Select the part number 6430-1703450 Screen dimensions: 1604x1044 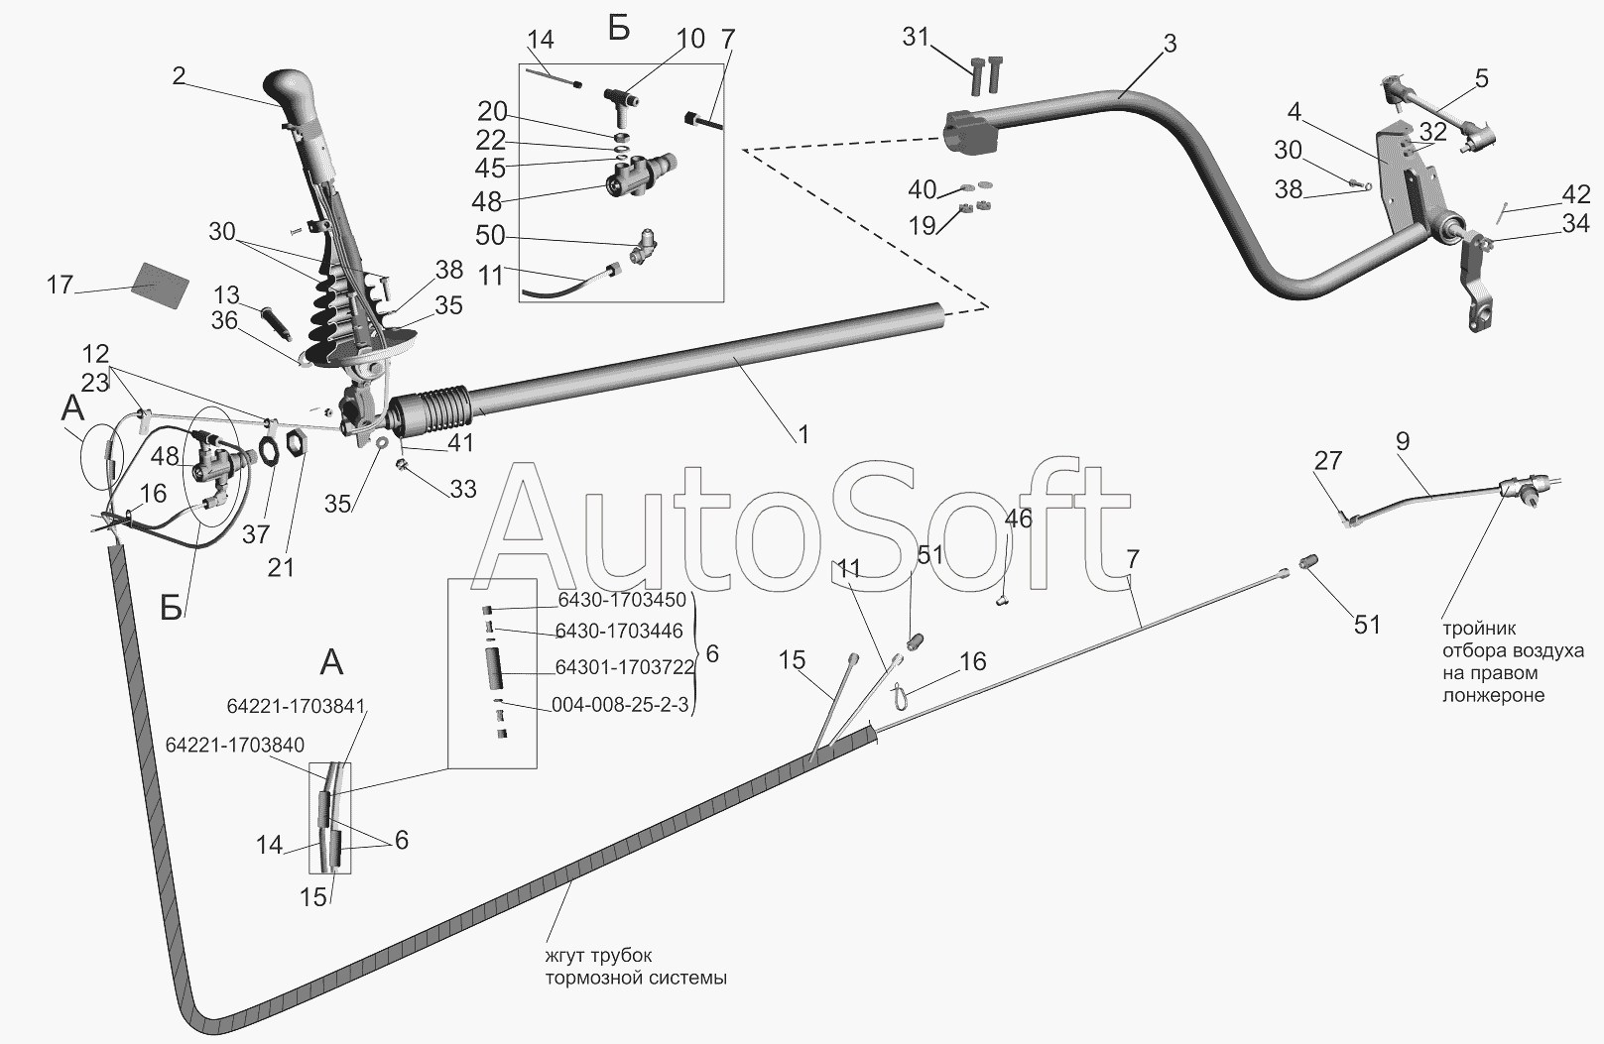click(621, 600)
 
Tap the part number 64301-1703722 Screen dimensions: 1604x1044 click(625, 667)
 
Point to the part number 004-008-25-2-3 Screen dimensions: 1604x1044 click(620, 705)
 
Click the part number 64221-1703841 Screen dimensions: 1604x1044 click(297, 706)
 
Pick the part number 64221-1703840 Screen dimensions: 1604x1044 click(235, 745)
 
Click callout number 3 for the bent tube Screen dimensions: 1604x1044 click(1170, 45)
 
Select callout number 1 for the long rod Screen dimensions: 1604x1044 click(802, 434)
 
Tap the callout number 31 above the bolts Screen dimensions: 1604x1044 click(916, 37)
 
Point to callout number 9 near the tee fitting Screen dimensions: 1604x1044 click(1402, 441)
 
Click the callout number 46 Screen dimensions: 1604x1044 click(1019, 519)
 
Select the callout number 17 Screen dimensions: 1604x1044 click(60, 285)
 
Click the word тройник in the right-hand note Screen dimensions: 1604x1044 click(1479, 629)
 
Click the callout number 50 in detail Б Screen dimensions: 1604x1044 click(490, 235)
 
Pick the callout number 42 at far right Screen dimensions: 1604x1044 click(1576, 194)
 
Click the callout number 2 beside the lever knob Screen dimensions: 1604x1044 click(179, 75)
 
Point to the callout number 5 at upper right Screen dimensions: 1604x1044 click(1482, 78)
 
